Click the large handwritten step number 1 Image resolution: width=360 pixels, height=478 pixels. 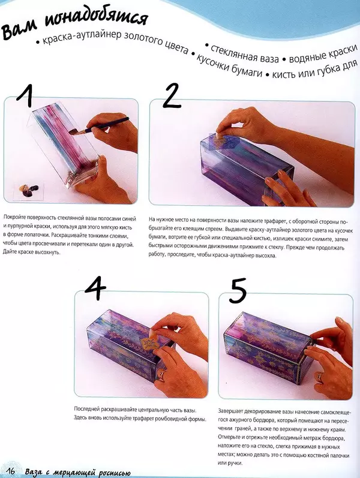(x=25, y=95)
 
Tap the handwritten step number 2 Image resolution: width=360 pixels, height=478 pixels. (x=172, y=95)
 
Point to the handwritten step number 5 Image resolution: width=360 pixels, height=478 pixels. (x=238, y=291)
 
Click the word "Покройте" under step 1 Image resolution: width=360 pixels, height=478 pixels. (x=14, y=219)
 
